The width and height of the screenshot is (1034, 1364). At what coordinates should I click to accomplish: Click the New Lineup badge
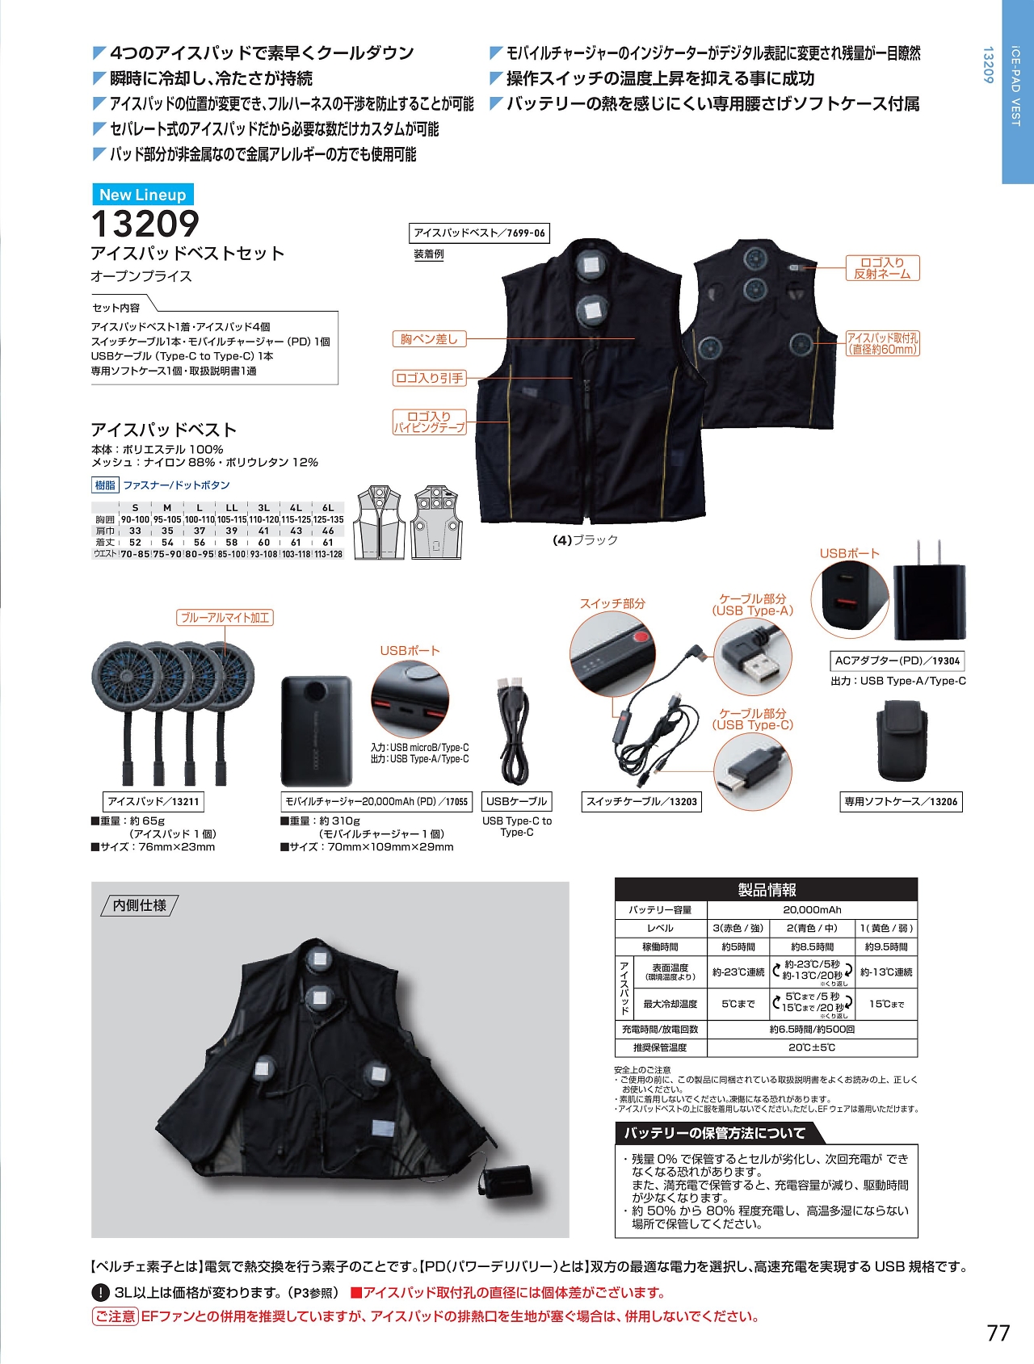coord(142,195)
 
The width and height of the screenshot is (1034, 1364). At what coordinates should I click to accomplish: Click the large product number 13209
coord(145,224)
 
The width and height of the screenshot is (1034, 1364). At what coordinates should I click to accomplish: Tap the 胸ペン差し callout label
coord(429,339)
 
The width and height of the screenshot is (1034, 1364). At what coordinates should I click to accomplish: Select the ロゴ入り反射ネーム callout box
coord(882,268)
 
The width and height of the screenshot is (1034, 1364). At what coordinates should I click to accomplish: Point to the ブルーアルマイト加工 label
coord(225,618)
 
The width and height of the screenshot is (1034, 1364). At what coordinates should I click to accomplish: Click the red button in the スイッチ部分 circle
coord(641,637)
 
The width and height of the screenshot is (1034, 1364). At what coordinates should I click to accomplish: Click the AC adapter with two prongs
coord(929,600)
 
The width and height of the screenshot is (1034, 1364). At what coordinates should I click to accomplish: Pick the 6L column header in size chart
coord(328,508)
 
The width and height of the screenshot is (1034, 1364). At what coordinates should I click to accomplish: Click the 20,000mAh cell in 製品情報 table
coord(812,909)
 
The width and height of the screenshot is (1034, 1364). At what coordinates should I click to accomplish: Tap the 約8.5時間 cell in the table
coord(812,946)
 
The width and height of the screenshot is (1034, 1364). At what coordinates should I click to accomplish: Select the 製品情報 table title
coord(766,889)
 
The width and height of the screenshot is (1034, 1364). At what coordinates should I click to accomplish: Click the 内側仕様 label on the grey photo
coord(140,905)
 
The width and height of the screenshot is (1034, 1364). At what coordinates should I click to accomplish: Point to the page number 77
coord(998,1333)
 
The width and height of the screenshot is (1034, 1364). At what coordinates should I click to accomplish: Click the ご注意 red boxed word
coord(115,1316)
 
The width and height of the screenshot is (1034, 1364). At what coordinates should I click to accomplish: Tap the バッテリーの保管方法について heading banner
coord(714,1133)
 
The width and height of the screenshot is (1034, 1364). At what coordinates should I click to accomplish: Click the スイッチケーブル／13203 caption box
coord(641,801)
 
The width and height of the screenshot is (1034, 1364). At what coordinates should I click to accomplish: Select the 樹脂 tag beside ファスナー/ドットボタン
coord(105,485)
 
